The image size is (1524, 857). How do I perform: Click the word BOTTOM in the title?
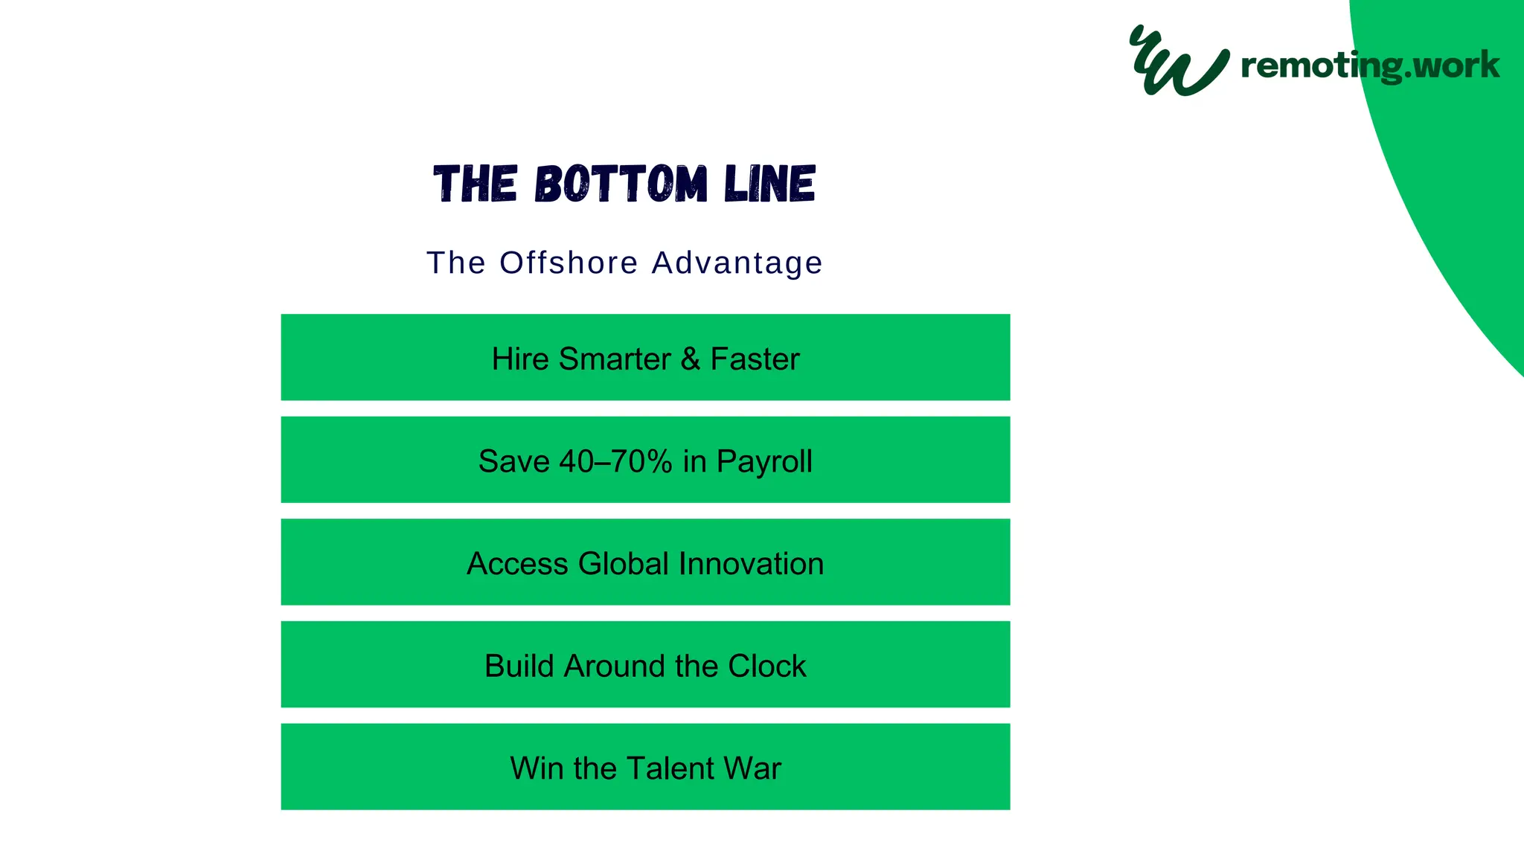(621, 184)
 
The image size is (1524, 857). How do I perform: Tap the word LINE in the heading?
(769, 184)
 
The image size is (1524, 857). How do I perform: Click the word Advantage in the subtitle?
(737, 263)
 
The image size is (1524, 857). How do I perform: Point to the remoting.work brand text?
(1369, 65)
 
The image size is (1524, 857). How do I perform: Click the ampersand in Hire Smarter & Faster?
(690, 359)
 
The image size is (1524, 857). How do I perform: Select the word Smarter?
(615, 359)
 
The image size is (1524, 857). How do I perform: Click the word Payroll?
(764, 461)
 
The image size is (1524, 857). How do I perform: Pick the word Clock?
(766, 666)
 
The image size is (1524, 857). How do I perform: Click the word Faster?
(755, 359)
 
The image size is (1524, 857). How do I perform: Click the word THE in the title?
(475, 184)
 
